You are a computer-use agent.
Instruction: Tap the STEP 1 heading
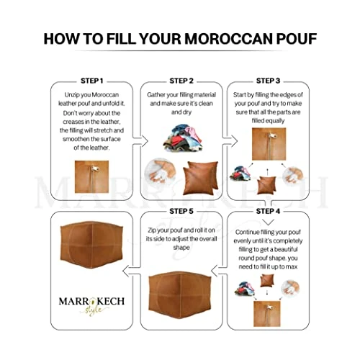[x=91, y=80]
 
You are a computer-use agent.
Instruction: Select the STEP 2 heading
[x=181, y=80]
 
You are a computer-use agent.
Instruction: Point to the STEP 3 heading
[x=268, y=80]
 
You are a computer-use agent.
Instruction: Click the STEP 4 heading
[x=268, y=212]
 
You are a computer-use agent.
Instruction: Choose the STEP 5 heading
[x=181, y=212]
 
